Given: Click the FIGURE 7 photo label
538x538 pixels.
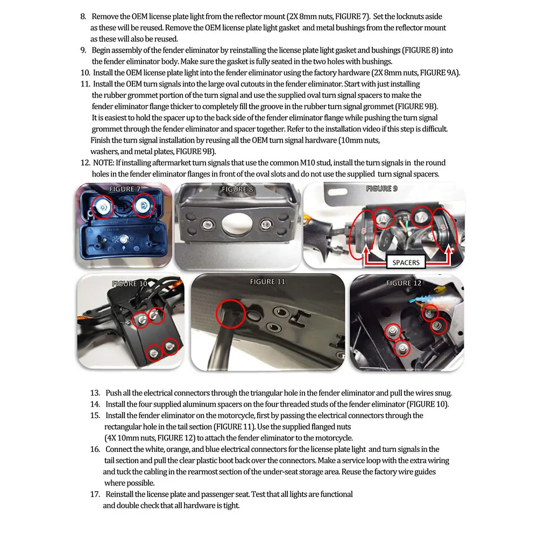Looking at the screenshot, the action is point(125,189).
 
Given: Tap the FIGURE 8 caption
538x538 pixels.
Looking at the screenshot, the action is point(237,189).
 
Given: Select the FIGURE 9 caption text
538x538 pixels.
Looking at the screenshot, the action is point(381,188).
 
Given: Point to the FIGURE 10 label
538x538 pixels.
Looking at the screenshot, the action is point(130,284).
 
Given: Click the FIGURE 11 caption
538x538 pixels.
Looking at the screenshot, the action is point(267,282).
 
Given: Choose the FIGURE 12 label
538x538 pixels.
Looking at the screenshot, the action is point(403,283).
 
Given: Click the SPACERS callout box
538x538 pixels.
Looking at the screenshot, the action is point(406,263).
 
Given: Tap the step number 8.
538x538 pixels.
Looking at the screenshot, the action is point(83,17).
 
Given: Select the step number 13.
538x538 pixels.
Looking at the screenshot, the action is point(95,393).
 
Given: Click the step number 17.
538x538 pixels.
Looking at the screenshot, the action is point(95,494).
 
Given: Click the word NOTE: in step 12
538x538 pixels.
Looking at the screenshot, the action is point(103,162).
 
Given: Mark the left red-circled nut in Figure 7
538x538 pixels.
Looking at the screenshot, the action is point(102,207).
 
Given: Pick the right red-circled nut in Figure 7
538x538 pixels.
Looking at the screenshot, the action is point(144,205).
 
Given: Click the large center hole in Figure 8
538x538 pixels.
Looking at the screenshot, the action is point(237,224).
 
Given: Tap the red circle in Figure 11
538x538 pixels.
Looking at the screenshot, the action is point(231,314).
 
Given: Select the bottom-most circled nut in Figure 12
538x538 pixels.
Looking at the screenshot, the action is point(402,349).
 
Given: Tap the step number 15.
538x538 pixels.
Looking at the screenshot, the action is point(95,415).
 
